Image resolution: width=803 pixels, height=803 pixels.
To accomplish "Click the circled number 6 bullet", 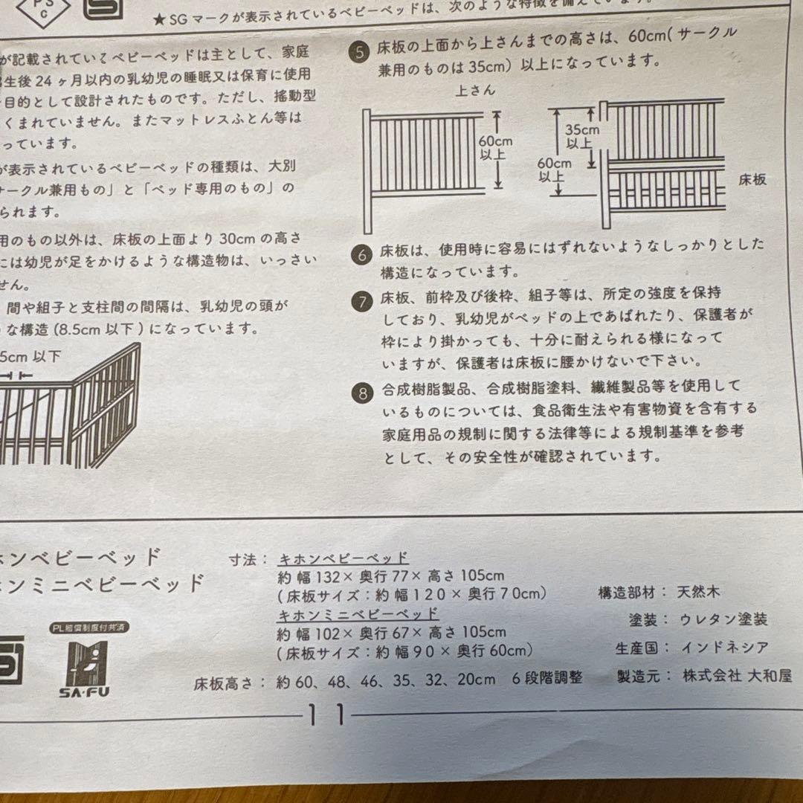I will click(x=362, y=255).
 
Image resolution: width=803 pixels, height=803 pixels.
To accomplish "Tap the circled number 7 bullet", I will click(x=362, y=302).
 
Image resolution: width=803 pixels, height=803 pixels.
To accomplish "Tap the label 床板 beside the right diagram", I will click(x=752, y=179).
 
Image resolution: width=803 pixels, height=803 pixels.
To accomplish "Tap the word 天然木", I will click(x=699, y=593).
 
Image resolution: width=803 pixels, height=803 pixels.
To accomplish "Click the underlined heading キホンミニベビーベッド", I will click(x=358, y=615).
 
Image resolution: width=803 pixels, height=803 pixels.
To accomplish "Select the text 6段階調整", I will click(x=547, y=678).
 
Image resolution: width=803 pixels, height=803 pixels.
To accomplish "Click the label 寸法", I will click(x=244, y=559).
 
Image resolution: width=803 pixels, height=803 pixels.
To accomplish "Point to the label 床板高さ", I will click(x=229, y=681).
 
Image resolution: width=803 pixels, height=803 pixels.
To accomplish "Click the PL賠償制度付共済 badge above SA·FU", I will click(x=90, y=628).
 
